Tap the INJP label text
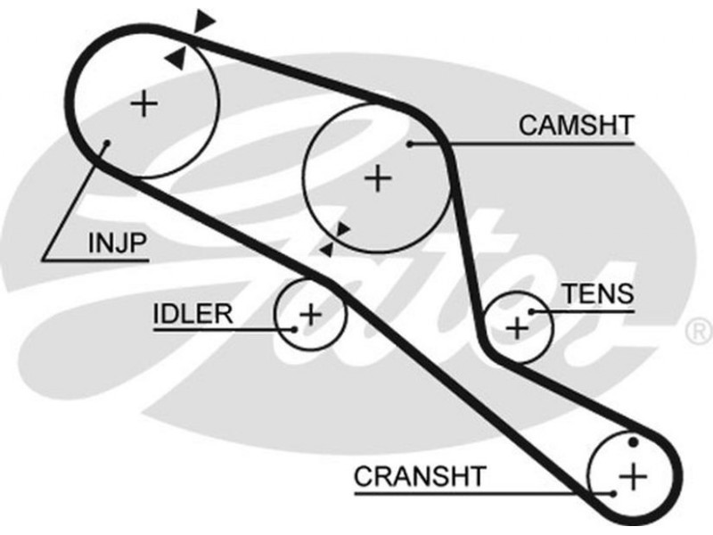[x=117, y=243]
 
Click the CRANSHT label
[x=422, y=476]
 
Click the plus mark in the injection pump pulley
[x=143, y=105]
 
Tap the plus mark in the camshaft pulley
[x=379, y=179]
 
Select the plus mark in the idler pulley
[x=310, y=314]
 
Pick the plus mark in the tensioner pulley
[x=518, y=328]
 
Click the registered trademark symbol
[x=696, y=332]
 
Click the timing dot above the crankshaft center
[x=633, y=442]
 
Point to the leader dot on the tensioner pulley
[x=531, y=311]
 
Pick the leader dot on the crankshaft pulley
[x=614, y=491]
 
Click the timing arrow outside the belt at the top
[x=206, y=20]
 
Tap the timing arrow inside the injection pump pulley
[x=177, y=58]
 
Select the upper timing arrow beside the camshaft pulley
[x=341, y=230]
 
